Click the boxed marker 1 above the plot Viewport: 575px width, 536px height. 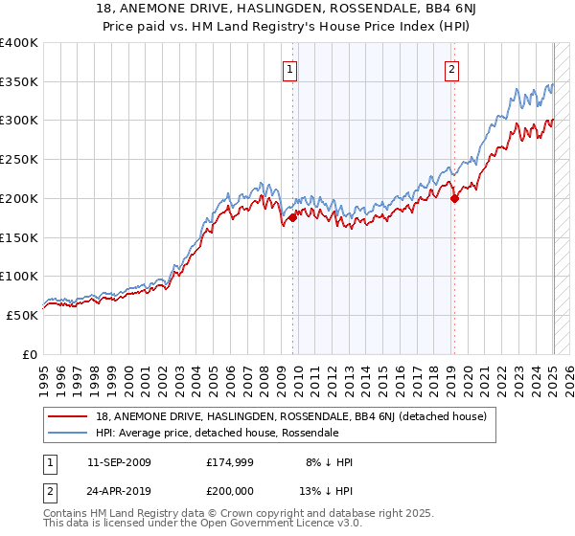(x=288, y=68)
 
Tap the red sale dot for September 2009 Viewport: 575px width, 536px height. (x=292, y=217)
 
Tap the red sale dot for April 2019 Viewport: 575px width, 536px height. (x=455, y=198)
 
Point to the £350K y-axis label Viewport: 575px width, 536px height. (x=19, y=82)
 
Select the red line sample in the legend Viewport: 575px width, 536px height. (x=68, y=416)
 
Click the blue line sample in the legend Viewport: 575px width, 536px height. (x=68, y=433)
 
